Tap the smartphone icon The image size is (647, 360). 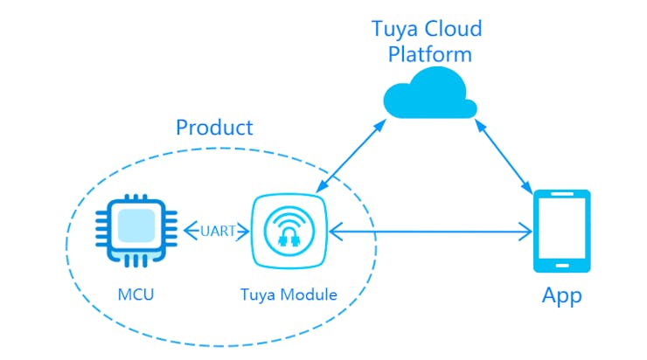tap(561, 232)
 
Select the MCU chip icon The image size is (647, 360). tap(136, 232)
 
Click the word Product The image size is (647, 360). tap(214, 128)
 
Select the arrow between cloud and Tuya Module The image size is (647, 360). tap(350, 156)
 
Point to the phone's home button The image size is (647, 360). tap(561, 266)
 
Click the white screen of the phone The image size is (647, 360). tap(561, 229)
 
